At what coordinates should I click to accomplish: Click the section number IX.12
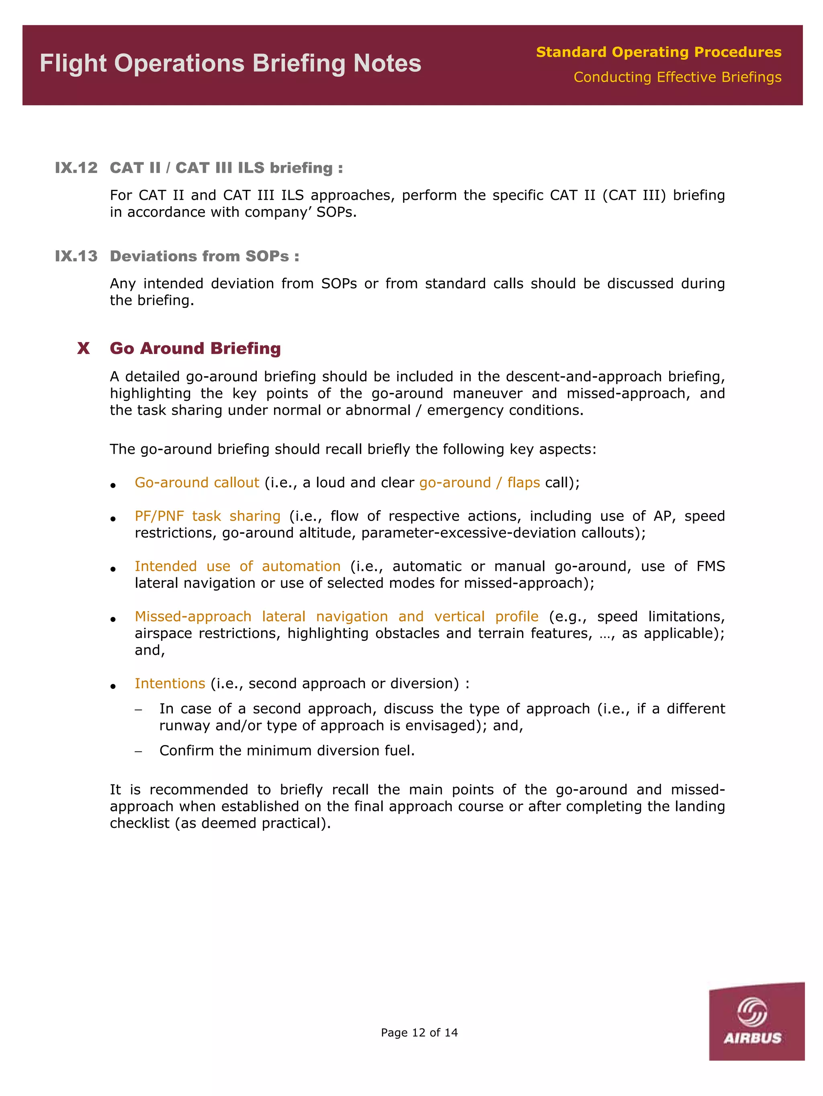76,168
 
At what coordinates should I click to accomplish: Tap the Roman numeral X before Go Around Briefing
83,348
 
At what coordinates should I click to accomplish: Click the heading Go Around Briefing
195,348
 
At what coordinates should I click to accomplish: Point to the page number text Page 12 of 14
419,1032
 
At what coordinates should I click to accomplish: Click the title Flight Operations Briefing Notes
230,64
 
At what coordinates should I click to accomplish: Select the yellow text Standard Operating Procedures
658,51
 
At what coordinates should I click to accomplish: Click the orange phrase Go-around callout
197,482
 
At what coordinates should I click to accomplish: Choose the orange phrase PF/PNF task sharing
207,516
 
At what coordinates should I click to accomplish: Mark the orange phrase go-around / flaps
479,482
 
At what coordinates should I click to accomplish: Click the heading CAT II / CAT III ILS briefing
226,168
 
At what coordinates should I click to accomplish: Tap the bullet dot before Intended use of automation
113,569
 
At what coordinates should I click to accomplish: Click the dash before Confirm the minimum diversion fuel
139,751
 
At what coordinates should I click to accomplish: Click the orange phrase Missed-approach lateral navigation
261,616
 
